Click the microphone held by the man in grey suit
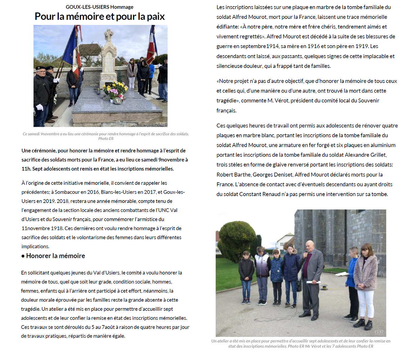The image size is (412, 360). click(305, 254)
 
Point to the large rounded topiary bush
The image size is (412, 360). click(237, 239)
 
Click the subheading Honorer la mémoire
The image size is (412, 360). click(55, 256)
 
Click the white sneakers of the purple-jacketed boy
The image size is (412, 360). click(262, 303)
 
